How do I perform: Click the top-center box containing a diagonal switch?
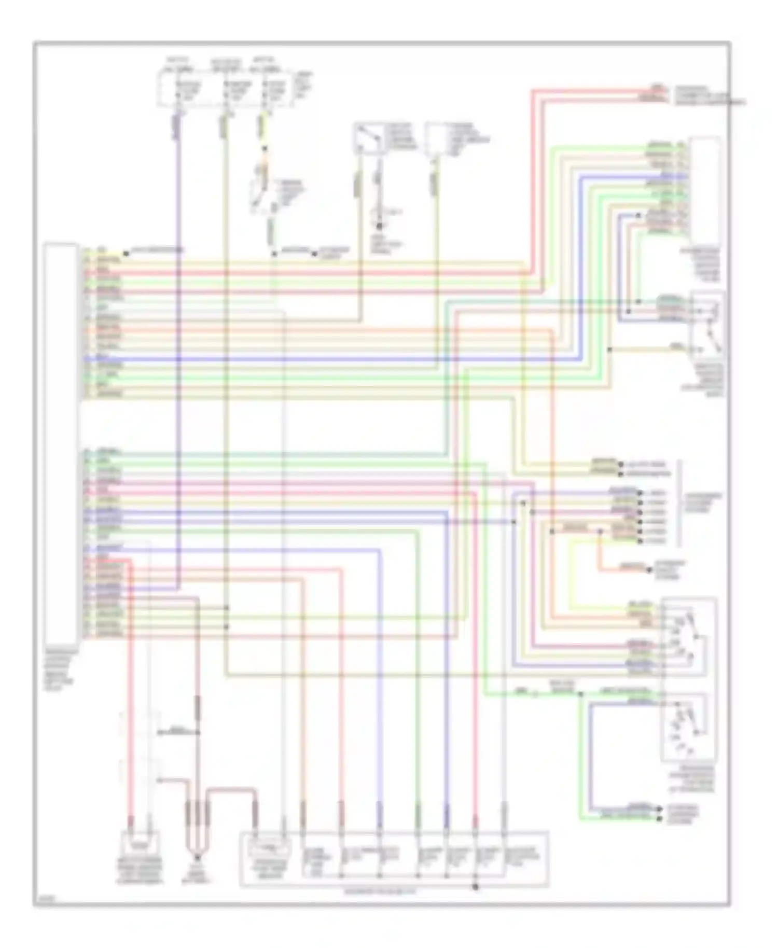point(369,139)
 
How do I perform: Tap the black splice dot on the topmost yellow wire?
point(126,254)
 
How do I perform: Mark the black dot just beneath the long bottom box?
point(475,887)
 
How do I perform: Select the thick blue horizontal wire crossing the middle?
point(332,359)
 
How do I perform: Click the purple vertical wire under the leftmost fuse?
point(178,363)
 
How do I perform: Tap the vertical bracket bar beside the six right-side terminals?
point(679,503)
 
